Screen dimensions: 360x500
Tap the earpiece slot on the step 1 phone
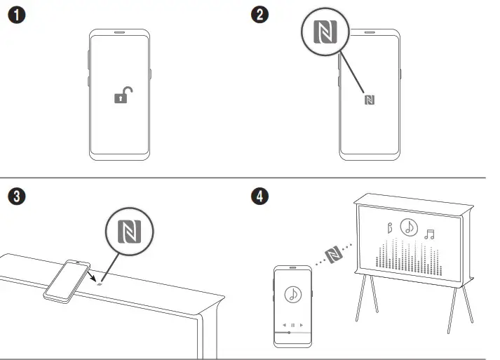(x=119, y=33)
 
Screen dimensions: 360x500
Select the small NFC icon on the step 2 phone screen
(x=370, y=100)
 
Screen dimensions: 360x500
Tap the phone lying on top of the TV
(x=67, y=280)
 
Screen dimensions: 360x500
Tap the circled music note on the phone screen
(x=292, y=295)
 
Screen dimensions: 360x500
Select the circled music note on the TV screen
(x=409, y=226)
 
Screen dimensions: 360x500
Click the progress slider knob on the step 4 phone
(x=288, y=332)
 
